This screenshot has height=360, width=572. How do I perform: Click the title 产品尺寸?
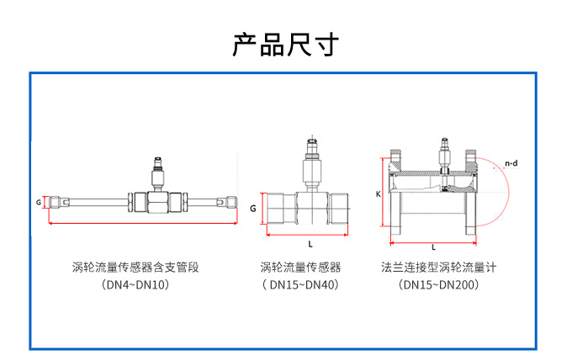click(285, 45)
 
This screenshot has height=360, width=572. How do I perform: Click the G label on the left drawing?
click(39, 203)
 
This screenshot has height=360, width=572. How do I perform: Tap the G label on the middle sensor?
click(252, 208)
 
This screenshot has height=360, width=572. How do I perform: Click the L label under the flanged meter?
click(432, 247)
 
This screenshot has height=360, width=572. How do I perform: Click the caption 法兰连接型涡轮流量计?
click(437, 267)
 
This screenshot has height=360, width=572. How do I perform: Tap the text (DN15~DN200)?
click(438, 285)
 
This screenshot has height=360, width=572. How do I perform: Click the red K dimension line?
click(386, 195)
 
